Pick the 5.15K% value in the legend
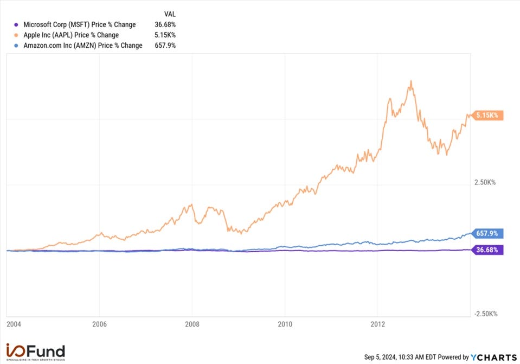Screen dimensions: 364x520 click(x=165, y=35)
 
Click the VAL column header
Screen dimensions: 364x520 click(x=170, y=13)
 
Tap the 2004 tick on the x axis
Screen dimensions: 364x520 click(x=14, y=324)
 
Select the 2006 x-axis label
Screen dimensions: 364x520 click(x=99, y=324)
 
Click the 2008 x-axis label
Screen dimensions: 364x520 click(x=192, y=324)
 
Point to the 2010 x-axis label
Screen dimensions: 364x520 click(x=285, y=324)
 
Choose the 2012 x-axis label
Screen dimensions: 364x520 click(x=377, y=324)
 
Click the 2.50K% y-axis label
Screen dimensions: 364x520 click(x=485, y=183)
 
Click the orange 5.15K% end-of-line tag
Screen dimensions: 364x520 click(x=489, y=116)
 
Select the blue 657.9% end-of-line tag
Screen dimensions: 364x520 click(x=489, y=234)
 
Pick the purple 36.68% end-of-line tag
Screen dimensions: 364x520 click(x=489, y=250)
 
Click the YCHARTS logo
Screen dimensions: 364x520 click(x=494, y=357)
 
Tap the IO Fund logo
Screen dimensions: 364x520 click(x=35, y=352)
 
